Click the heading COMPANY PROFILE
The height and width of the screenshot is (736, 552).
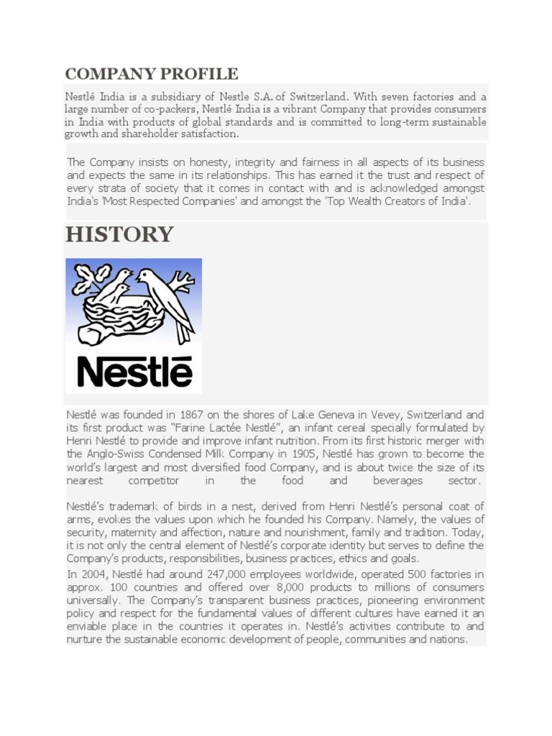click(x=152, y=73)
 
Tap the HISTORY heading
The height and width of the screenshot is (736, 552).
click(x=119, y=234)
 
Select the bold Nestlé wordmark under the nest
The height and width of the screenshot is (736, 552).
click(x=134, y=371)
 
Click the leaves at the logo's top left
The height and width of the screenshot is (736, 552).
click(x=90, y=276)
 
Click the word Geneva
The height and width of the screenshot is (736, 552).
click(x=333, y=415)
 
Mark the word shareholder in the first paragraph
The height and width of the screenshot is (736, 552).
click(x=144, y=134)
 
